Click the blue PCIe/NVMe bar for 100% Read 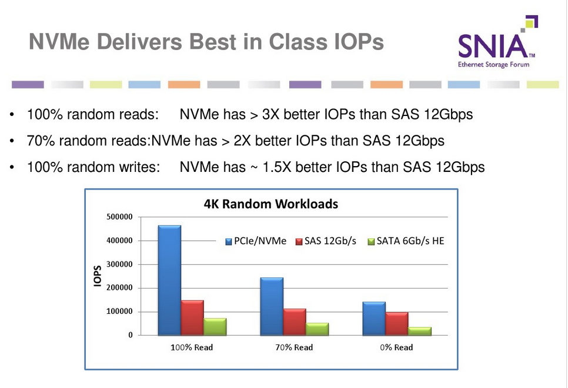coord(169,280)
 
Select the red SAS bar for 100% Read coord(192,317)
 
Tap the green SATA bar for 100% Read coord(215,327)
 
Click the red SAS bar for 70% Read coord(295,321)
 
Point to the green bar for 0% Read coord(420,331)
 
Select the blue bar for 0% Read coord(374,319)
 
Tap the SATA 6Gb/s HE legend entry coord(405,241)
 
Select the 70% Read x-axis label coord(295,347)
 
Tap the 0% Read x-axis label coord(396,347)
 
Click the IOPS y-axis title coord(98,276)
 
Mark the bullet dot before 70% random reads coord(12,141)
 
